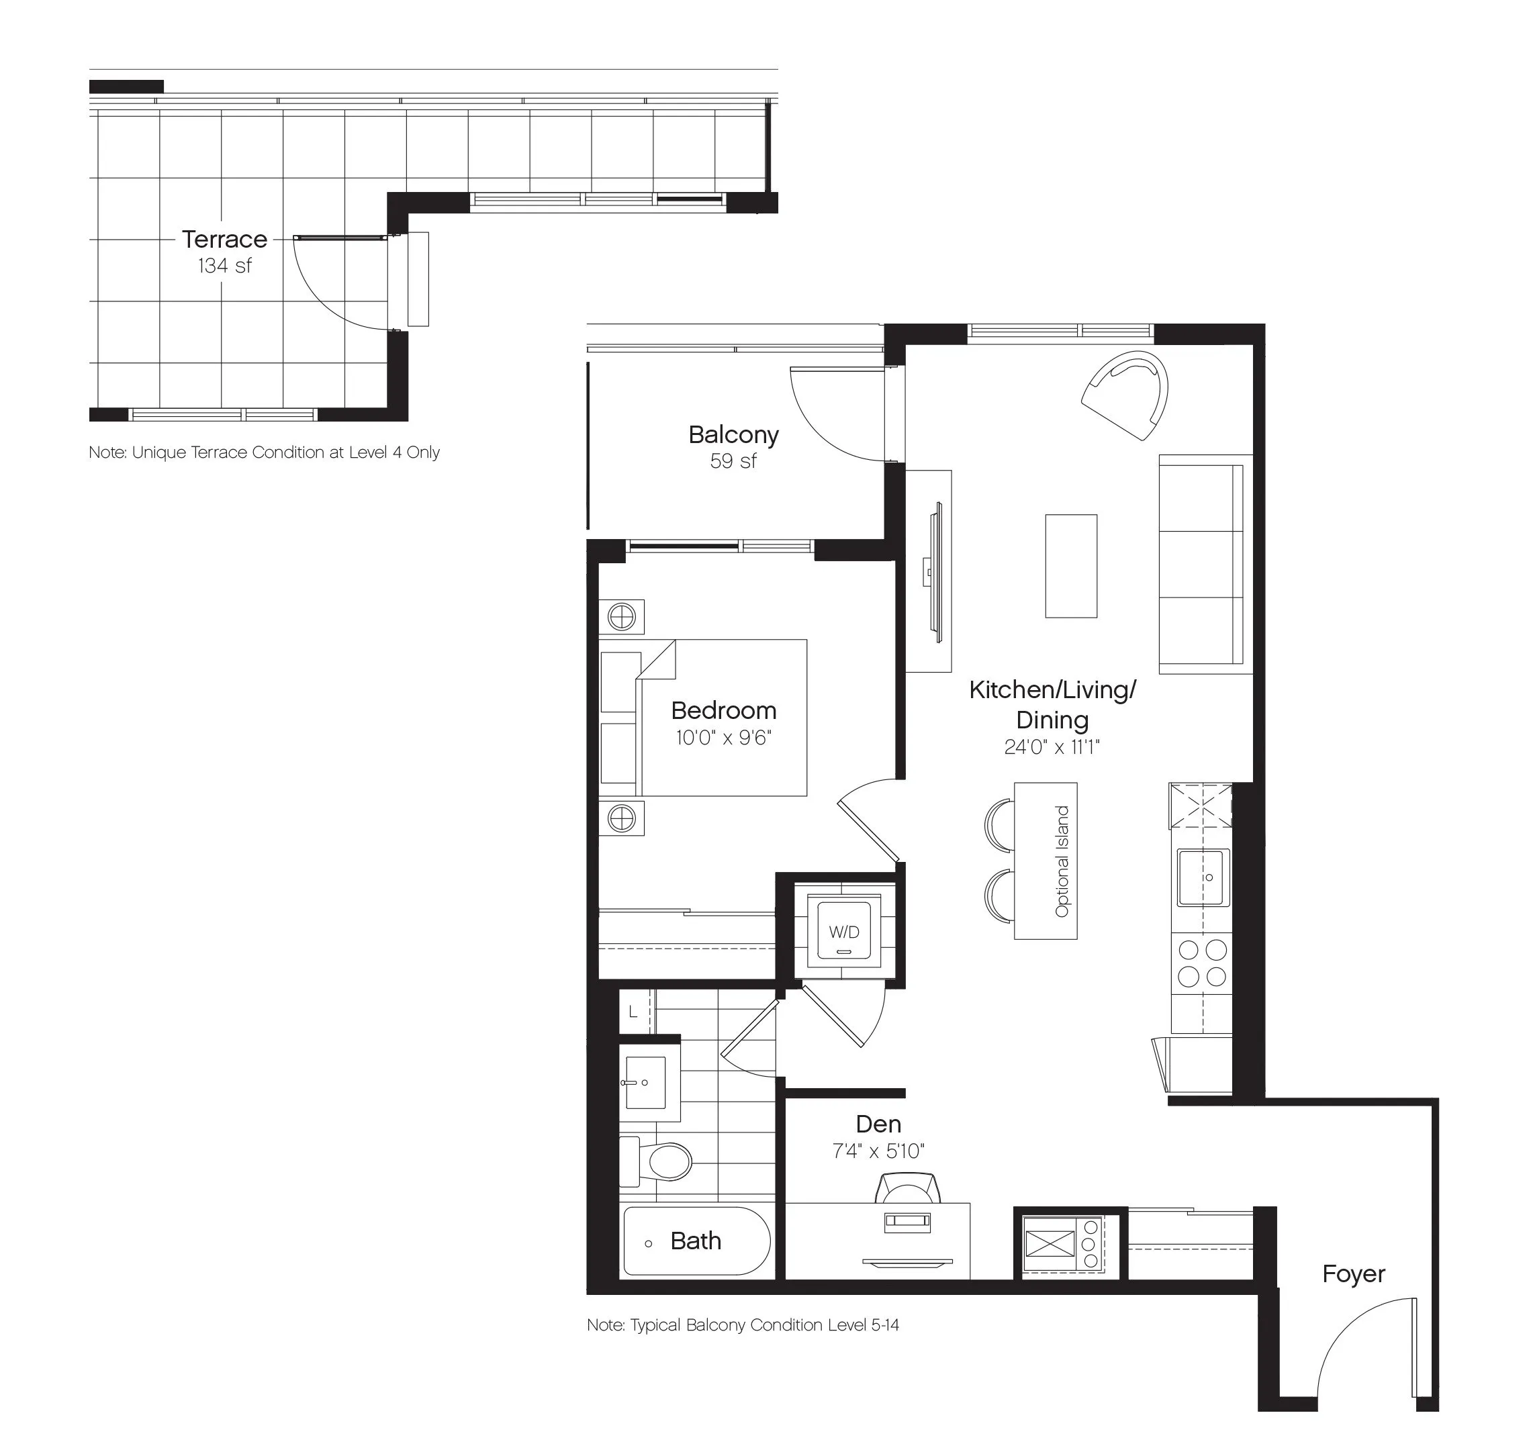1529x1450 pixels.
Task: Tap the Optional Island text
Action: (x=1062, y=861)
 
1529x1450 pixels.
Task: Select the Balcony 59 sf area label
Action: (x=733, y=447)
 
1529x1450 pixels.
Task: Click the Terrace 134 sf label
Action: (x=224, y=251)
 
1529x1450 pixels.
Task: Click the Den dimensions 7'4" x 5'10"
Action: (x=878, y=1151)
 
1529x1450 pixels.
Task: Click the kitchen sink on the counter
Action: (x=1203, y=877)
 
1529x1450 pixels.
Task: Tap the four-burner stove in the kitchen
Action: (x=1202, y=963)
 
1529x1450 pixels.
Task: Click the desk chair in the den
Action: (x=909, y=1188)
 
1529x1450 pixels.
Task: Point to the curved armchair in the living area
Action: (x=1125, y=394)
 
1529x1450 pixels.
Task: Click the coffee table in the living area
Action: (x=1070, y=566)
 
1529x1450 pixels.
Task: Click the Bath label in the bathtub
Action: (x=696, y=1241)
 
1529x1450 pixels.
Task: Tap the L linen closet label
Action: (x=633, y=1012)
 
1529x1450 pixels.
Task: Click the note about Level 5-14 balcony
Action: (x=743, y=1324)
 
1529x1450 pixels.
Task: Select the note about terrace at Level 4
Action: (x=265, y=452)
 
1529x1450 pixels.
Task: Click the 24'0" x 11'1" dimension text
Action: (x=1052, y=746)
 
